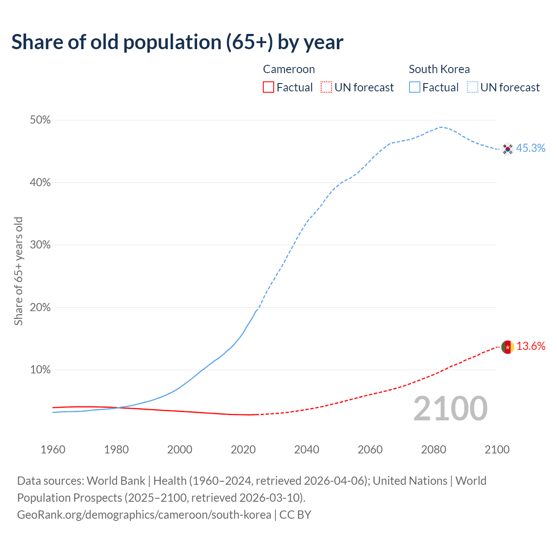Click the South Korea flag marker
coord(507,149)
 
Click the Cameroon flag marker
coord(507,347)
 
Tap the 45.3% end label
coord(530,148)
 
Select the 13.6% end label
coord(530,346)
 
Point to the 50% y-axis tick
coord(40,120)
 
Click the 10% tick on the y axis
coord(40,370)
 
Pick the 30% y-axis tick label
coord(40,245)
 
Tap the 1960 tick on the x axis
coord(53,450)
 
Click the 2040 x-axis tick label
coord(307,450)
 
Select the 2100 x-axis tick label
coord(497,450)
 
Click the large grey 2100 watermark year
coord(450,409)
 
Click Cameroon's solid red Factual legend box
coord(268,87)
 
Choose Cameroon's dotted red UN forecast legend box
coord(326,87)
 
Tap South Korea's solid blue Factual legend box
coord(415,87)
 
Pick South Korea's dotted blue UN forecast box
coord(473,87)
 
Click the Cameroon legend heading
coord(289,69)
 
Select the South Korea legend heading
coord(439,69)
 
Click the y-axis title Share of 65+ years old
coord(18,271)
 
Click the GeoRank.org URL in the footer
coord(144,515)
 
